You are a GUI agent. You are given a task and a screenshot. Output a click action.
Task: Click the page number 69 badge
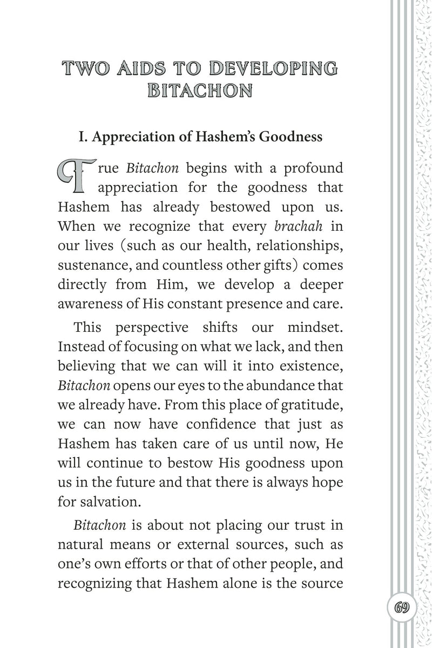(401, 606)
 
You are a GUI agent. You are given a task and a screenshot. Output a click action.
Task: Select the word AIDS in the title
(141, 69)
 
